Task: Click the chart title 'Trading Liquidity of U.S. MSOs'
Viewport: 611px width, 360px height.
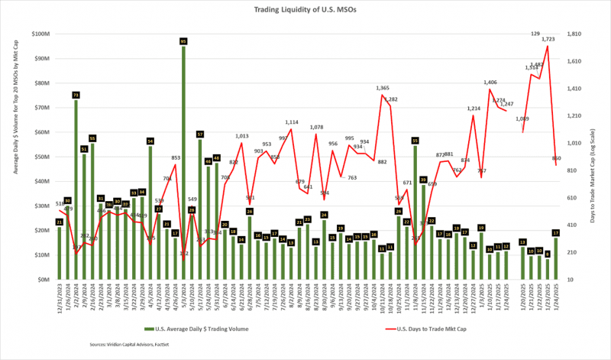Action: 305,10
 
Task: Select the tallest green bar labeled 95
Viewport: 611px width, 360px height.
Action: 183,161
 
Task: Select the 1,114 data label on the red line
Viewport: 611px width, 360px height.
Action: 292,122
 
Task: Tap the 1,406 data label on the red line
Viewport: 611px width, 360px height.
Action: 490,82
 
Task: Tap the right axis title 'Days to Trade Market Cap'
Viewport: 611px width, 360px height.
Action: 597,157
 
